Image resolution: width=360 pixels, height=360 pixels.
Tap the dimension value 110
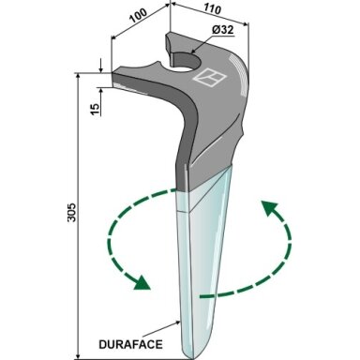pos(213,9)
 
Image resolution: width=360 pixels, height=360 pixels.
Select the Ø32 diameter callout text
pos(223,30)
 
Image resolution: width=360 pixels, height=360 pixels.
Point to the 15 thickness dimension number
pos(96,108)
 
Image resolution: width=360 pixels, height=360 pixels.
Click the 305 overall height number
pos(72,213)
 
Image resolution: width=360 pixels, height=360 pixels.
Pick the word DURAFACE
pos(130,344)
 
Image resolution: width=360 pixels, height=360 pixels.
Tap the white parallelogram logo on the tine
pos(209,77)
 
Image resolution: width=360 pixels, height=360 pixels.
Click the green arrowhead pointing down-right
pos(142,282)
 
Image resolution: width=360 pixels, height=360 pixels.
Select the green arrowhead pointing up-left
pos(269,208)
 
